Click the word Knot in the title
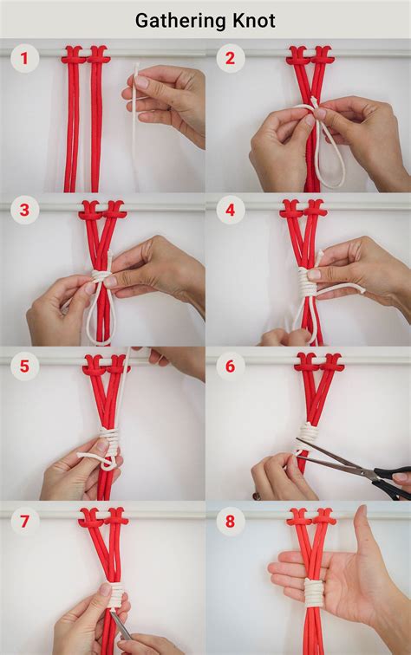pos(253,20)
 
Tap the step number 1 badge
pos(25,58)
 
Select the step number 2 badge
pos(230,58)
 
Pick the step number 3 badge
pos(25,211)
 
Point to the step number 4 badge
pos(230,211)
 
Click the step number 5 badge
pos(25,366)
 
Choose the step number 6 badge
pos(230,366)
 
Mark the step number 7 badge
pos(25,522)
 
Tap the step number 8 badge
pos(230,522)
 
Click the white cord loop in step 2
pos(329,156)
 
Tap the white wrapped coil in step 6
pos(307,432)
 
